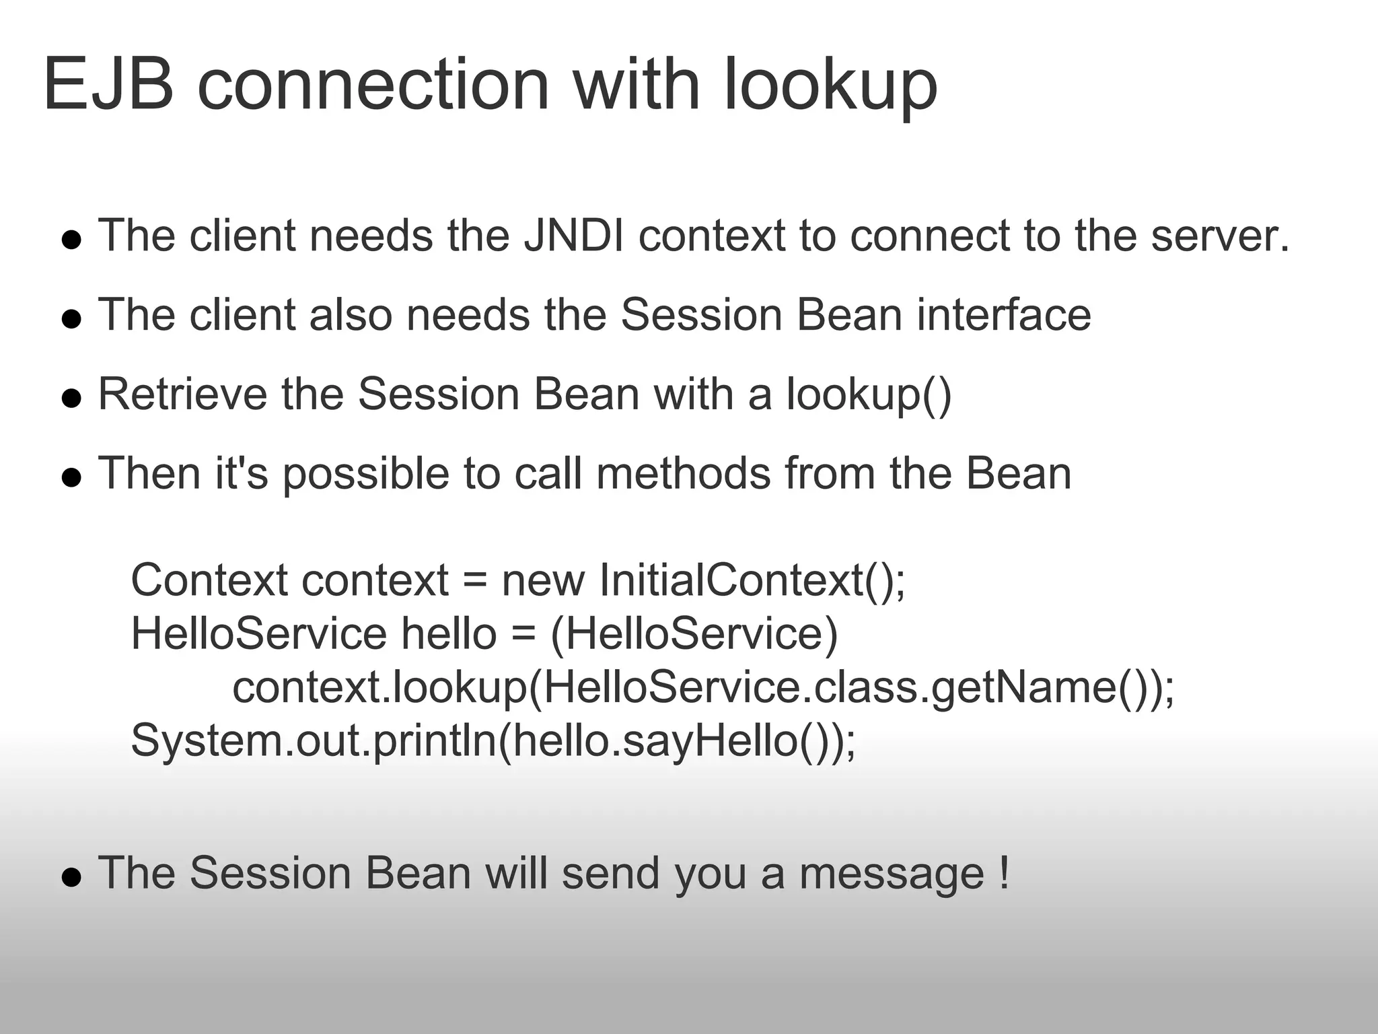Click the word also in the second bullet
click(350, 315)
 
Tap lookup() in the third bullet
click(869, 395)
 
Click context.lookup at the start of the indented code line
click(379, 688)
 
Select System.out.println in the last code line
click(313, 741)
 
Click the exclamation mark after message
click(1004, 873)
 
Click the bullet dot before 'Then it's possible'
click(71, 477)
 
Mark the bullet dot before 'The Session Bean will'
click(71, 877)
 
